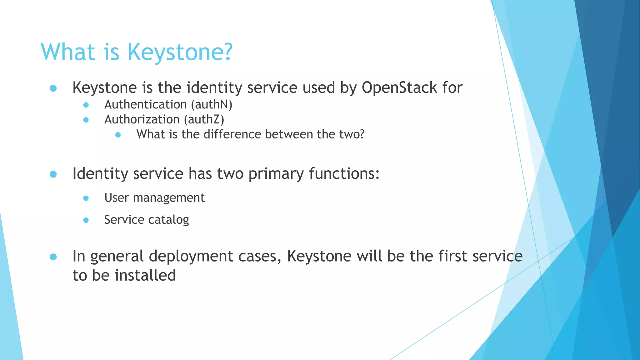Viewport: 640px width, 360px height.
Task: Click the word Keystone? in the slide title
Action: (x=180, y=52)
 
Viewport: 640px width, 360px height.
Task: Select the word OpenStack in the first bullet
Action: (x=399, y=87)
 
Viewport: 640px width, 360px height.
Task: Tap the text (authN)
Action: (x=212, y=105)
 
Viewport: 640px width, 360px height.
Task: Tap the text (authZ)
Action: (x=204, y=120)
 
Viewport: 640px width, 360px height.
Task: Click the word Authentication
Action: (x=146, y=105)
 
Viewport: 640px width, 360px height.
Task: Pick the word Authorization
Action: (x=142, y=120)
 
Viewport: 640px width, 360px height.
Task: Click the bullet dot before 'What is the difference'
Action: (x=118, y=135)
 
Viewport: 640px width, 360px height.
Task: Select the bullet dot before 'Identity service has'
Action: (x=53, y=174)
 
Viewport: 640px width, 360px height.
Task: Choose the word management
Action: (x=169, y=198)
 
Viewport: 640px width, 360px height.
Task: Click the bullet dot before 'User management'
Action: (x=86, y=198)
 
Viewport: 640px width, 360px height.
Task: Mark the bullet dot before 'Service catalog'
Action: (x=86, y=220)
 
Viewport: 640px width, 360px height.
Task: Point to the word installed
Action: (x=145, y=276)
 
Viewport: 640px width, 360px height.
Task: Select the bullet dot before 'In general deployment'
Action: (x=53, y=257)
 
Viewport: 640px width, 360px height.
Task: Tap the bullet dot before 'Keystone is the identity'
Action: (x=53, y=88)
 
